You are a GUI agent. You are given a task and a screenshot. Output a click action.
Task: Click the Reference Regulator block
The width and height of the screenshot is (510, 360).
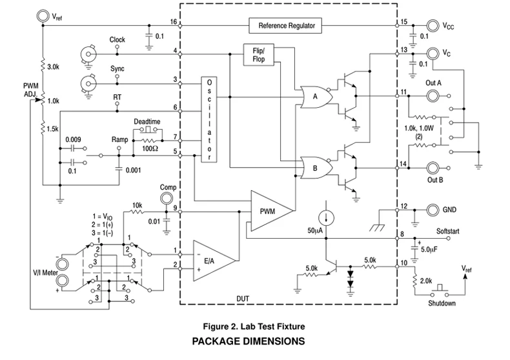(x=286, y=26)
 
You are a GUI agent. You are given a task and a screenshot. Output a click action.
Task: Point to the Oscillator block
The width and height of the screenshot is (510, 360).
(x=209, y=120)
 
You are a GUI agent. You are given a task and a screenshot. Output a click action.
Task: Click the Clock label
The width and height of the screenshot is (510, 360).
(x=117, y=39)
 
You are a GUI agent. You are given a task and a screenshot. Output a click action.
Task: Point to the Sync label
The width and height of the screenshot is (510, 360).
(x=117, y=68)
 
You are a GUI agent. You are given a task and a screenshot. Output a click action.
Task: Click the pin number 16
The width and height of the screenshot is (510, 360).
(x=173, y=21)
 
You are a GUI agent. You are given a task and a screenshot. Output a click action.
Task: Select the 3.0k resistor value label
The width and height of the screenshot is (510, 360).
(x=53, y=67)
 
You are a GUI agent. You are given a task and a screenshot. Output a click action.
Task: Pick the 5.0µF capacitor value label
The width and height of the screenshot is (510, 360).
(x=431, y=249)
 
